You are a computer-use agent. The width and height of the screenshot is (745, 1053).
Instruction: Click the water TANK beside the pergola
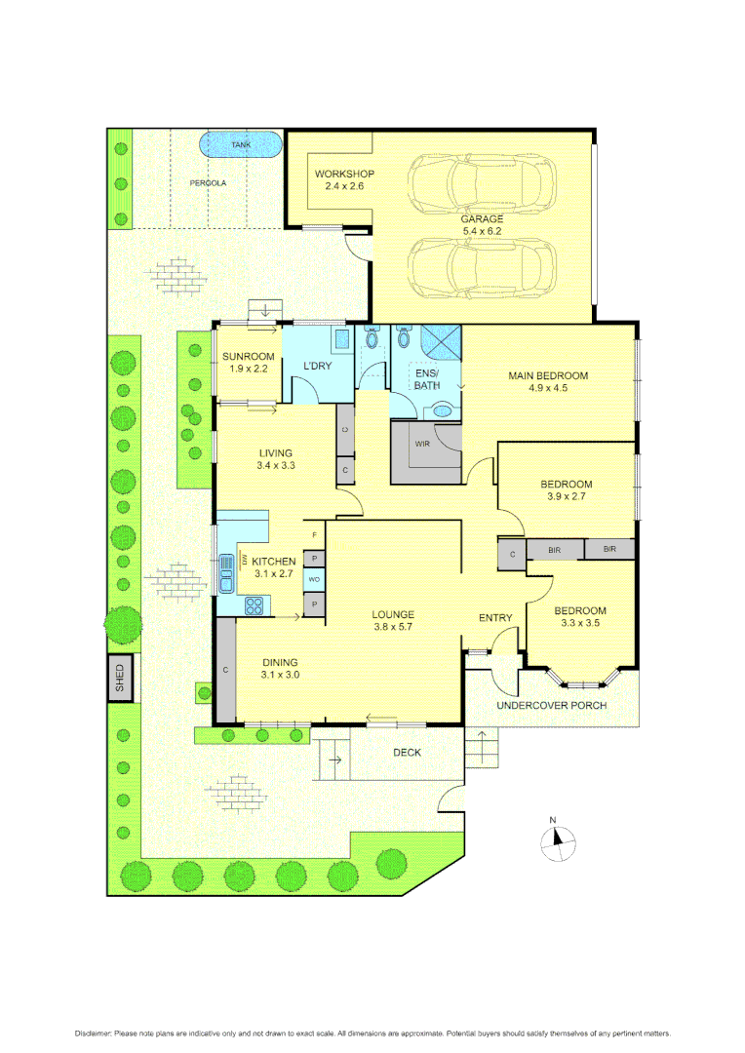coord(240,145)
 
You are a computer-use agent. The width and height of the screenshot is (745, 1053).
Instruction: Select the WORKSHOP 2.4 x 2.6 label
coord(344,180)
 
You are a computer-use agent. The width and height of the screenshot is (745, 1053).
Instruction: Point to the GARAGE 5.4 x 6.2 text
coord(482,224)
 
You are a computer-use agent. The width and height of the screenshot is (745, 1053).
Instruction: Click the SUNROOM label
coord(248,362)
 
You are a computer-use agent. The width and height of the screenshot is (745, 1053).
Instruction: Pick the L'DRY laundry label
coord(317,366)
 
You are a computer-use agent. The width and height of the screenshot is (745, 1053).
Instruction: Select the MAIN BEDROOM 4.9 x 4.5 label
coord(548,381)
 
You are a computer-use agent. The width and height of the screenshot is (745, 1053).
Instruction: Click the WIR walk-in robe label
coord(422,444)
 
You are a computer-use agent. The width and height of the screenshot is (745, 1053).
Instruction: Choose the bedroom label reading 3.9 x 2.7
coord(567,490)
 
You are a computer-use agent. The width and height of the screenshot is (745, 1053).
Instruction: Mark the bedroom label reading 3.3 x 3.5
coord(579,617)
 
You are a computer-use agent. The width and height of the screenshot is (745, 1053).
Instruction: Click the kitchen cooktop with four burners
coord(255,605)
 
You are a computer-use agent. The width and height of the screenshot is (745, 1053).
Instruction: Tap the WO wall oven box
coord(314,580)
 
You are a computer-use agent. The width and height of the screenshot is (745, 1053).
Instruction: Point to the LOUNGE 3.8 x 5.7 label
coord(393,621)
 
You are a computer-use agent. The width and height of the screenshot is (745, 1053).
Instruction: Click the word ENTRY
coord(495,618)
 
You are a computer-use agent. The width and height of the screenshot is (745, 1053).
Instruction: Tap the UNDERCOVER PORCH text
coord(551,705)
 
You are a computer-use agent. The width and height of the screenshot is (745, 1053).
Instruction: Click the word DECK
coord(408,753)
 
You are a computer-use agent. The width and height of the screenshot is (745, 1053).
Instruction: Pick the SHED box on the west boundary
coord(121,678)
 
